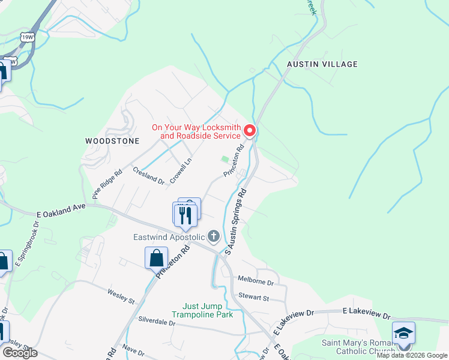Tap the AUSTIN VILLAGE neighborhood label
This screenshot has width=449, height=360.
pos(322,64)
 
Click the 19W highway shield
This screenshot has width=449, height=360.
pos(28,37)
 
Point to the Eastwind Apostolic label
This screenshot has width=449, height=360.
pos(169,237)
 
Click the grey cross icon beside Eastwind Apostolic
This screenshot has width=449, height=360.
pos(213,236)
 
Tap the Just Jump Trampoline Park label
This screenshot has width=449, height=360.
pos(202,310)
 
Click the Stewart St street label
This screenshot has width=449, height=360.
pos(253,297)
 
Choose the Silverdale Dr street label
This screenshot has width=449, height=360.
pos(156,322)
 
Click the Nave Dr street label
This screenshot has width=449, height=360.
pos(133,351)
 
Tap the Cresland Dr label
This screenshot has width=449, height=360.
pos(148,176)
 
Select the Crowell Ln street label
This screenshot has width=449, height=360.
pos(180,170)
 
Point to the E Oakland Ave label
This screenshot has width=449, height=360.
pos(61,210)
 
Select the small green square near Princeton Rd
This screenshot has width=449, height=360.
pos(225,159)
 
